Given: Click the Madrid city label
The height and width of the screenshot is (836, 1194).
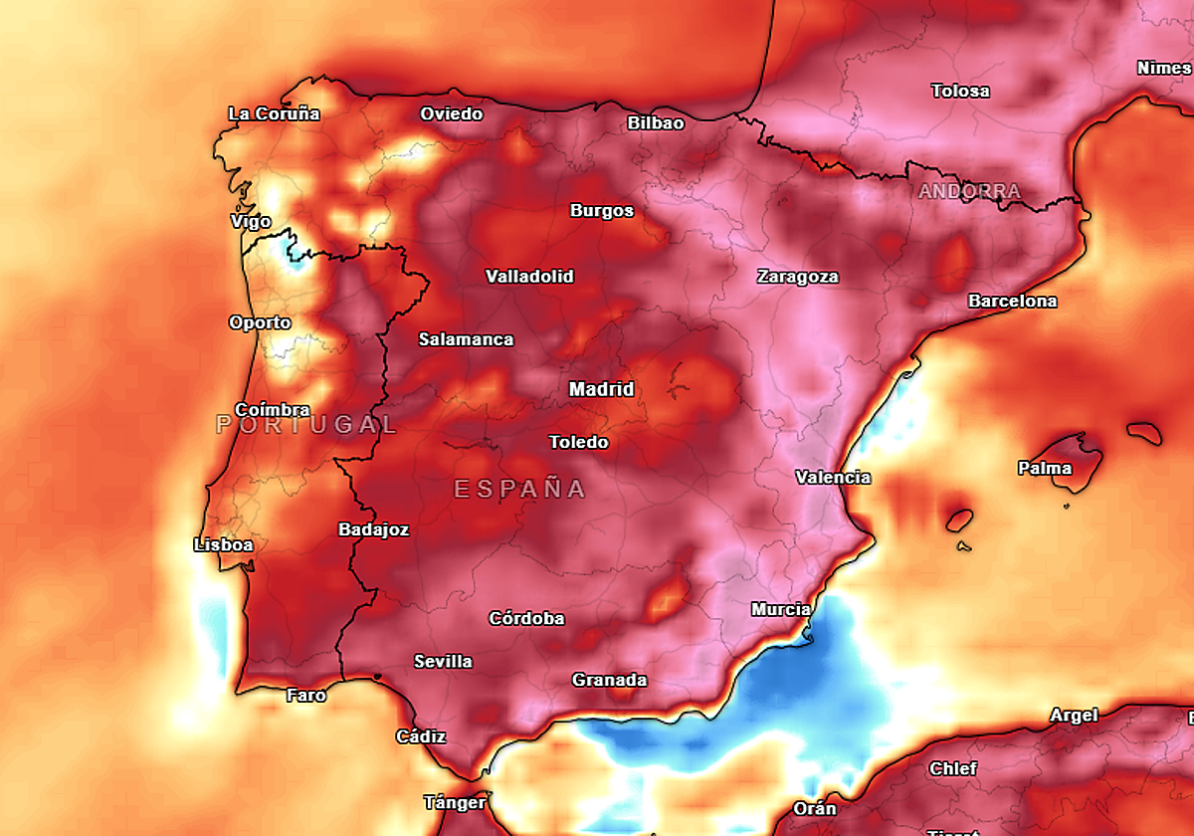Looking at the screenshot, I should point(601,389).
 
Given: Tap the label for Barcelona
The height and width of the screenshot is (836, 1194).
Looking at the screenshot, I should point(1012,301).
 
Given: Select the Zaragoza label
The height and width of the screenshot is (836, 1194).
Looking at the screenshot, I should point(797,277).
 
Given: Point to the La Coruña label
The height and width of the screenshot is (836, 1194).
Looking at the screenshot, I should point(274,113).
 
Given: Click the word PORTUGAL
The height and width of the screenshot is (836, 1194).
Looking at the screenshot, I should point(306,425).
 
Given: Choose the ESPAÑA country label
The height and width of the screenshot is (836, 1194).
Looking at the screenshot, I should point(519,489).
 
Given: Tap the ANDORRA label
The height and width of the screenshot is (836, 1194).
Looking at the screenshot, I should point(969,191).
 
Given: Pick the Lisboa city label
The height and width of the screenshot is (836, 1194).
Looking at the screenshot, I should point(223,545).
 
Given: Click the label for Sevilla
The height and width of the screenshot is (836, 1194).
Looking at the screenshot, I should point(443,662).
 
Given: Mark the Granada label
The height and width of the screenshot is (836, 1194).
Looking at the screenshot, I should point(609,681).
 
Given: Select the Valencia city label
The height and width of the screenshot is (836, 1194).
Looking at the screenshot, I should point(833,478).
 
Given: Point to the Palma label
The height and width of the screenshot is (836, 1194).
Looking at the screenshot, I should point(1044,468).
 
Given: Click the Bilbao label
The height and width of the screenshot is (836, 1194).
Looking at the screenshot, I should point(656,123).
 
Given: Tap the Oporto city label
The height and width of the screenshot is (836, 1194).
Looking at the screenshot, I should point(260,322).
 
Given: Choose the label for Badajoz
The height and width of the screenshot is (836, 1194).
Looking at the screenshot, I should point(373,529).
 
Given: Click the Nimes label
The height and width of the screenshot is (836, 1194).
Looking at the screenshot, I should point(1163,69).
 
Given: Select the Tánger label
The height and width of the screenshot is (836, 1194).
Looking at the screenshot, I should point(455,802).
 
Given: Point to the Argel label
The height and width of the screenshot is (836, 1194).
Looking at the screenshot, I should point(1074,716).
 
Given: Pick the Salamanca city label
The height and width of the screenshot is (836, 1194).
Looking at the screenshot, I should point(466,339).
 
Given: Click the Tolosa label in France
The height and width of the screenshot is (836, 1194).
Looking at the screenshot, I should point(960,91).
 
